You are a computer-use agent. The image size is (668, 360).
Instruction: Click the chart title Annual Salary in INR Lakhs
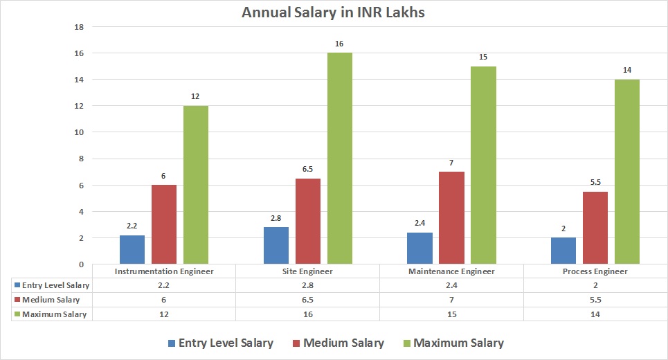click(334, 12)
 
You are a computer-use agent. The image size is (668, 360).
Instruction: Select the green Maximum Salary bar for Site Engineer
click(340, 158)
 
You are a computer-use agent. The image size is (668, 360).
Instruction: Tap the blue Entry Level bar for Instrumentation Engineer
click(132, 249)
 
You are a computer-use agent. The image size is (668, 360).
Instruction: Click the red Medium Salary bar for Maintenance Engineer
click(451, 217)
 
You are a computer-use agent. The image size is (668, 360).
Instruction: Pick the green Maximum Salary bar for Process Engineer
click(627, 171)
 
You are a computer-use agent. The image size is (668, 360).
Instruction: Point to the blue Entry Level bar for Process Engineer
click(563, 251)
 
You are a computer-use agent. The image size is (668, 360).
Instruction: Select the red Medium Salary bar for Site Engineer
click(308, 221)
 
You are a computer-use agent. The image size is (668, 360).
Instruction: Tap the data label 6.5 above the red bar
click(308, 170)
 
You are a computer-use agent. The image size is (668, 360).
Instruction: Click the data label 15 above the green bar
click(483, 57)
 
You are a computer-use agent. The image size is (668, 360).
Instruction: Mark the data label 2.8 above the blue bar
click(276, 218)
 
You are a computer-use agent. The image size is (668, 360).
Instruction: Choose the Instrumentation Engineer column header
click(164, 271)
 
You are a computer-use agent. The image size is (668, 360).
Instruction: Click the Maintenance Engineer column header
click(451, 271)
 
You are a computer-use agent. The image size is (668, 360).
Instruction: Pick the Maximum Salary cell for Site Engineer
click(308, 314)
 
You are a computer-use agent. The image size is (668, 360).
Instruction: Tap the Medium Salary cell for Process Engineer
click(595, 300)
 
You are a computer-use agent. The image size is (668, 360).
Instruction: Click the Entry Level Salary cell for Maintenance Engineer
click(451, 285)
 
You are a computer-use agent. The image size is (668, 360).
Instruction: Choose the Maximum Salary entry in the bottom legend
click(451, 343)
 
